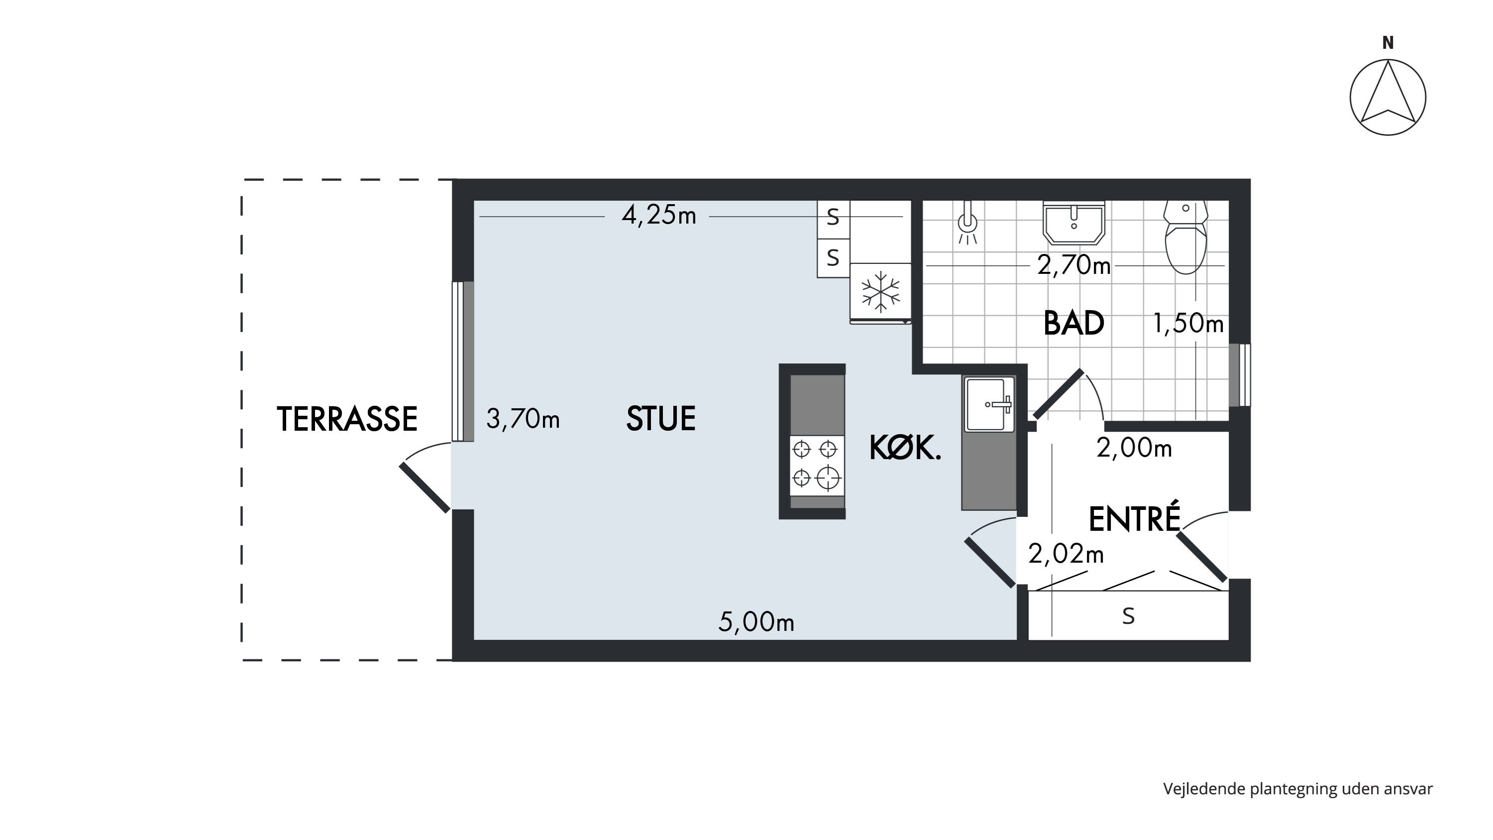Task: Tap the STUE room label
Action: click(x=661, y=419)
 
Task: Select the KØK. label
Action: click(x=905, y=448)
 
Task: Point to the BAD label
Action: click(x=1073, y=323)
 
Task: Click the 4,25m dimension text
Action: click(x=658, y=216)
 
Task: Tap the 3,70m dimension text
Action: click(x=523, y=419)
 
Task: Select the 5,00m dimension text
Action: click(x=756, y=622)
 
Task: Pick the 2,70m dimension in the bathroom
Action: click(x=1073, y=265)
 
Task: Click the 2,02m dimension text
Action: click(x=1066, y=554)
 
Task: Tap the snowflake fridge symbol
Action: click(x=880, y=292)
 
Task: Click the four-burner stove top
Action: click(x=817, y=466)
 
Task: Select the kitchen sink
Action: click(x=989, y=404)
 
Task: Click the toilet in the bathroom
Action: click(x=1185, y=237)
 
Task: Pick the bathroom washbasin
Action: click(x=1074, y=223)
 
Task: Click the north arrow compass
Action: click(x=1387, y=97)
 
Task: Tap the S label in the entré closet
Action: click(x=1128, y=616)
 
